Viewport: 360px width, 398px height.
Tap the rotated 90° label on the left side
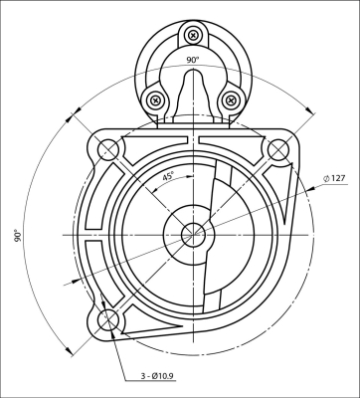click(x=17, y=236)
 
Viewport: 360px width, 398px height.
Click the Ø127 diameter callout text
click(x=334, y=178)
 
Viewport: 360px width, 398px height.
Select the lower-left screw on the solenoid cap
click(x=155, y=99)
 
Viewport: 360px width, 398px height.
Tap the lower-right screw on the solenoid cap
click(x=231, y=99)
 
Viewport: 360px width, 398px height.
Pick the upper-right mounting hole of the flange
click(x=277, y=149)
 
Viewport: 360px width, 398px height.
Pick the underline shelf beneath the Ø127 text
click(x=333, y=186)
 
